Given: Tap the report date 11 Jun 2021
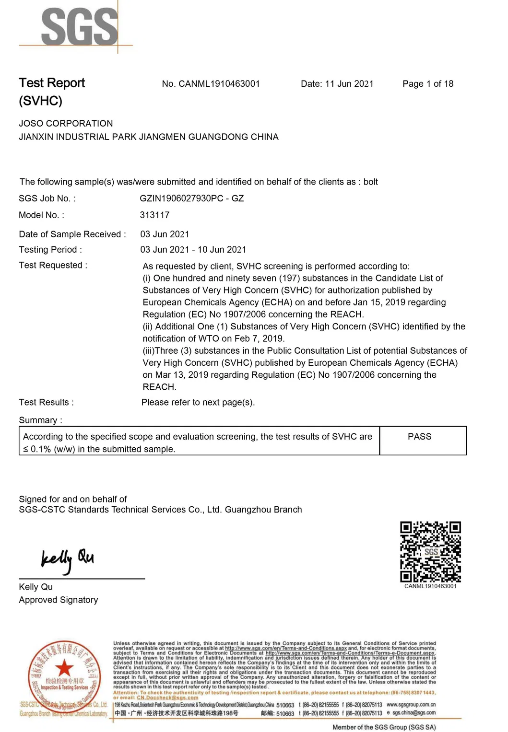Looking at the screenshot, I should tap(349, 84).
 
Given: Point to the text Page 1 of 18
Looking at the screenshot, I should tap(428, 84).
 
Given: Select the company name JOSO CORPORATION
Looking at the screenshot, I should tap(66, 124).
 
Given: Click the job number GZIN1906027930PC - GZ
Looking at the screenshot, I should tap(192, 198).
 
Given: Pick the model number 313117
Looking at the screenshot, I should tap(154, 215).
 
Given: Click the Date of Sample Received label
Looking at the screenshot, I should tap(72, 234).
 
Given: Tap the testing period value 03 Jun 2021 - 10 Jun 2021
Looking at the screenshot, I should tap(193, 250).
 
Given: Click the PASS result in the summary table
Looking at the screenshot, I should tap(419, 437).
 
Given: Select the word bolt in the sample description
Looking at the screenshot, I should tap(371, 182).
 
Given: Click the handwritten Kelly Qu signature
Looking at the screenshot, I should tap(67, 559).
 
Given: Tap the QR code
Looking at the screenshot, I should tap(430, 552).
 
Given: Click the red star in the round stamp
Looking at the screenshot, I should tap(64, 667).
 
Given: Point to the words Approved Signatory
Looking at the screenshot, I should tap(59, 600).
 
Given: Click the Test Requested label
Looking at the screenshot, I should tap(53, 266).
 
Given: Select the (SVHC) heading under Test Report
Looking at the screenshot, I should tap(41, 101).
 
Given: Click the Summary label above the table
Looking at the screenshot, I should tap(41, 420).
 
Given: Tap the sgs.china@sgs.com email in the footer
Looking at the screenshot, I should tap(413, 713).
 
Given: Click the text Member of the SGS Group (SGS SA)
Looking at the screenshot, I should tap(384, 727).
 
